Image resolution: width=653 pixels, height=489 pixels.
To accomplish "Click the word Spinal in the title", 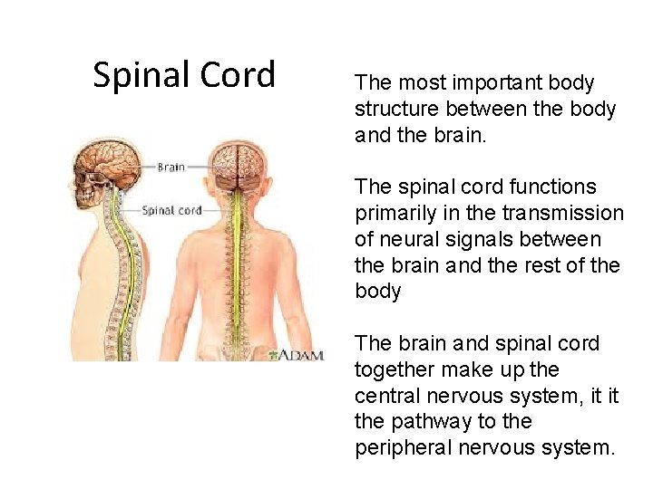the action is click(x=140, y=75).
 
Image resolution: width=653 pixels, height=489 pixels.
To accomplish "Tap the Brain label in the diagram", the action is click(x=171, y=167).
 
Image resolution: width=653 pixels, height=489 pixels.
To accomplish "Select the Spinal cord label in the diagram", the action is click(x=171, y=210).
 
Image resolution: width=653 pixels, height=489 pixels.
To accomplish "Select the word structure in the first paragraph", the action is click(x=395, y=110).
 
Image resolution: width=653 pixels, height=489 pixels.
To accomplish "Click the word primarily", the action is click(x=395, y=214).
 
